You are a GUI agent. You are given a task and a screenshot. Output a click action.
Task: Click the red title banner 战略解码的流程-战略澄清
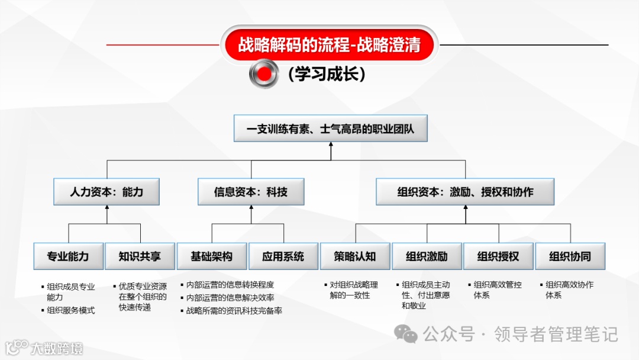[329, 45]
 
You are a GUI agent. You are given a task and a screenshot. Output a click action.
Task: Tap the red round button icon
[264, 74]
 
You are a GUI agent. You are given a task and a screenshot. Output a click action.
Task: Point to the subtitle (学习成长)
[326, 74]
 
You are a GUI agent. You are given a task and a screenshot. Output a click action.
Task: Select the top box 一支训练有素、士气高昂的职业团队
[330, 128]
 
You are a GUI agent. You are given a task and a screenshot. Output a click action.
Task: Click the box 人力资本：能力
[106, 192]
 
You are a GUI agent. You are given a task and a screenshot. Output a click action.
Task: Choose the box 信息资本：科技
[251, 192]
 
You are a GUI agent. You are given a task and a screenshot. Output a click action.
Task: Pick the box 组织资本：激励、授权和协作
[465, 192]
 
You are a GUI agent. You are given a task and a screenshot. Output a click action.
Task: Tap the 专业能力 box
[68, 256]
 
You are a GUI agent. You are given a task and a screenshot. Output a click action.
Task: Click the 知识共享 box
[140, 256]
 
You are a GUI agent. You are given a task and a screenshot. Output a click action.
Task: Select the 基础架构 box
[211, 256]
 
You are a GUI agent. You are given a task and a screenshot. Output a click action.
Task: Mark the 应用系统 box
[283, 256]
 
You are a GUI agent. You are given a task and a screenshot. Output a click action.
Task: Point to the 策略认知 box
[355, 256]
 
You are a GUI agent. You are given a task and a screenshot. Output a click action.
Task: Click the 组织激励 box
[427, 256]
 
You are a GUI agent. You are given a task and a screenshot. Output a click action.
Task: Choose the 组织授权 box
[498, 256]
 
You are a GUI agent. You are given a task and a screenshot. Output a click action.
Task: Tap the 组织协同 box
[570, 256]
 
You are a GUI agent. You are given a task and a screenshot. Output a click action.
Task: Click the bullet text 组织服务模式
[71, 310]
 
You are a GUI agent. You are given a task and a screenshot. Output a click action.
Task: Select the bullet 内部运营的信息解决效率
[230, 297]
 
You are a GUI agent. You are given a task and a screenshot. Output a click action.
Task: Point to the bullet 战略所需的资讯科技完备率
[234, 310]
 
